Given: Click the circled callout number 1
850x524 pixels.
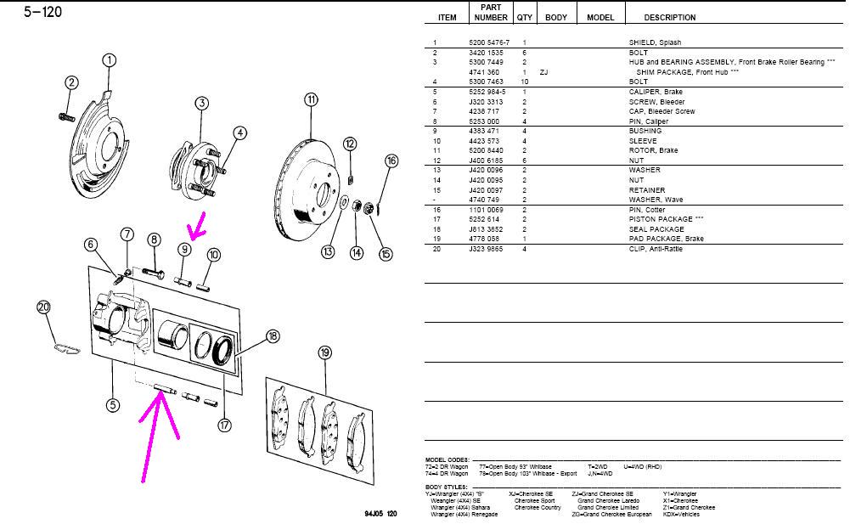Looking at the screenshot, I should click(x=109, y=60).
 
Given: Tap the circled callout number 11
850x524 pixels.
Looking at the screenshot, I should click(x=311, y=99).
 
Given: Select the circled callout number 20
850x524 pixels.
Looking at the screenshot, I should click(x=43, y=307).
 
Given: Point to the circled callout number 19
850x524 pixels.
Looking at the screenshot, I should click(x=324, y=352).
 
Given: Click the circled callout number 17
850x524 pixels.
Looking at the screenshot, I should click(x=224, y=425).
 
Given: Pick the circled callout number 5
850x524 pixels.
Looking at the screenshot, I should click(x=112, y=404).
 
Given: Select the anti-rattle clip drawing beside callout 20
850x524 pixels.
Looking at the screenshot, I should click(x=64, y=347).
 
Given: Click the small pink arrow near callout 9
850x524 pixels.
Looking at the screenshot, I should click(x=197, y=227).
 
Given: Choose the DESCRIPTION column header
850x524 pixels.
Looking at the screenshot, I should click(x=669, y=17).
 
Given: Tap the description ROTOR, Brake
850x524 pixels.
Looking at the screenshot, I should click(x=649, y=149).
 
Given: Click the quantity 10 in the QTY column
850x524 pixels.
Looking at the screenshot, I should click(x=525, y=82).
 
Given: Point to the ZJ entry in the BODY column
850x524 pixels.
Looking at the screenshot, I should click(x=543, y=72).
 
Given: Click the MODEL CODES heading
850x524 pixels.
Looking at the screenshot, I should click(x=447, y=459).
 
